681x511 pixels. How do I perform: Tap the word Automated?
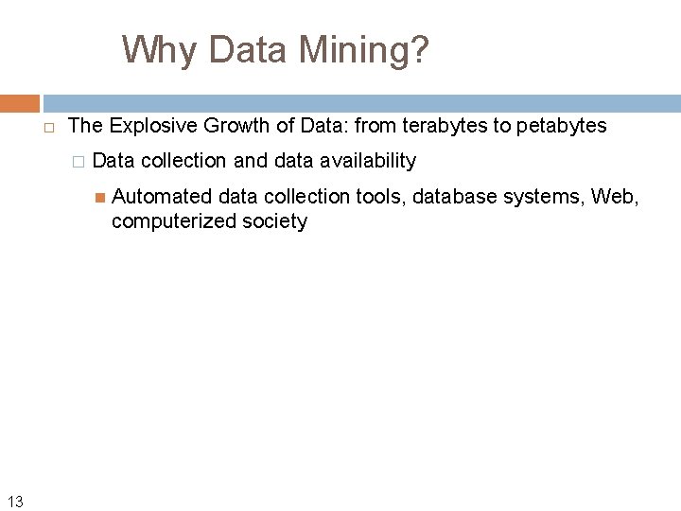[162, 197]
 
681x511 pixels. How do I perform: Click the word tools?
[381, 197]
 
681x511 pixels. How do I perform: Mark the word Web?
[615, 197]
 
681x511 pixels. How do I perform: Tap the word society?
[273, 221]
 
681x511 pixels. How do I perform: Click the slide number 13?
[15, 502]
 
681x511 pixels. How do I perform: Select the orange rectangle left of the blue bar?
[20, 103]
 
